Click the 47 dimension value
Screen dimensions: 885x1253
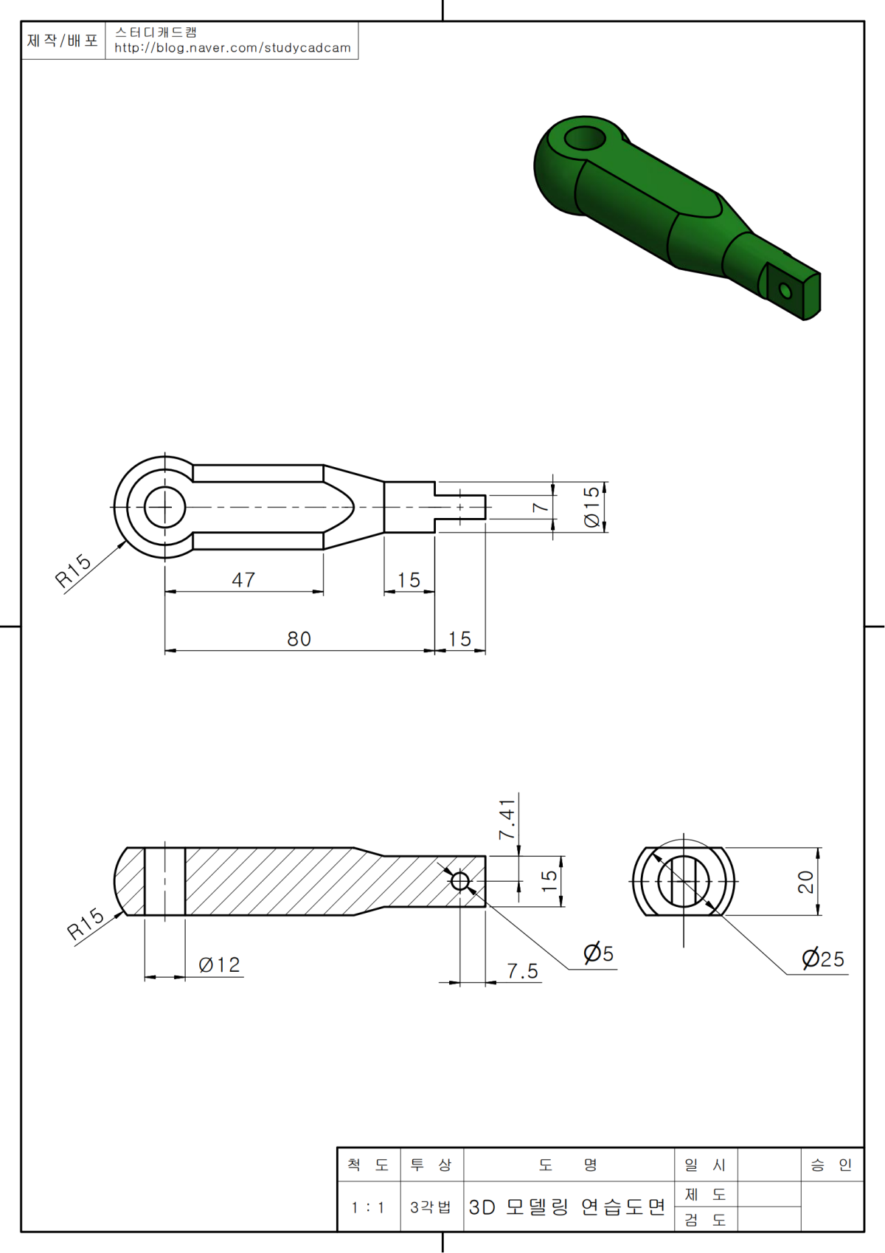(x=243, y=579)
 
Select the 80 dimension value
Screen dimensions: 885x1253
(x=299, y=639)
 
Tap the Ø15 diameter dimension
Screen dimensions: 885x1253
(x=591, y=507)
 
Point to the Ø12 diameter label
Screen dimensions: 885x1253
(x=219, y=965)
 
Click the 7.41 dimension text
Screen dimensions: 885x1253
(x=507, y=820)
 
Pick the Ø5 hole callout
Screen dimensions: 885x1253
(x=599, y=953)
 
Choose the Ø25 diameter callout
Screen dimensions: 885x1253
(x=823, y=959)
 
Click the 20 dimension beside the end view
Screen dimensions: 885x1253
(x=805, y=882)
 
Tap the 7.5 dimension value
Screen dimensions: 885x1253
(x=522, y=971)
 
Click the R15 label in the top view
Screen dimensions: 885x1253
(x=73, y=570)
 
